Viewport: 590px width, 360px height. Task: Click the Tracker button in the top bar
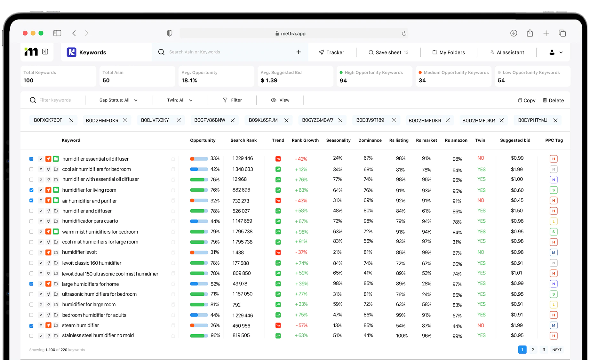(331, 52)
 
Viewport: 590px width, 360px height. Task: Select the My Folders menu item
(449, 52)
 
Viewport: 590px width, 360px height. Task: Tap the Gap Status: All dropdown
(118, 100)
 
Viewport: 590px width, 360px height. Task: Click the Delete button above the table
(553, 100)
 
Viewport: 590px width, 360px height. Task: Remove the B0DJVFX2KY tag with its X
(179, 120)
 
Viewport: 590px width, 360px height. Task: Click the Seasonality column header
(338, 140)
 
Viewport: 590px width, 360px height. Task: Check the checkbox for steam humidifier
(31, 326)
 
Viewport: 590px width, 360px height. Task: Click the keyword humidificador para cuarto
(90, 221)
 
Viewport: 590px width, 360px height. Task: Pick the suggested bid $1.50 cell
(517, 211)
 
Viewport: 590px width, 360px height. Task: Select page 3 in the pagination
(544, 350)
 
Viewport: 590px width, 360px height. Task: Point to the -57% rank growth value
(301, 325)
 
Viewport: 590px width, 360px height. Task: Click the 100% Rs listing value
(402, 336)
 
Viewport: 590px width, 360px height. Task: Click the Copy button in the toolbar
(527, 100)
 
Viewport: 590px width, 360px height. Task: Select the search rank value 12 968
(240, 179)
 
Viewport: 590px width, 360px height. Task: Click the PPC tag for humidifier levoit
(554, 252)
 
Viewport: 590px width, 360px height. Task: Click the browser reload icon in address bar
(404, 33)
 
